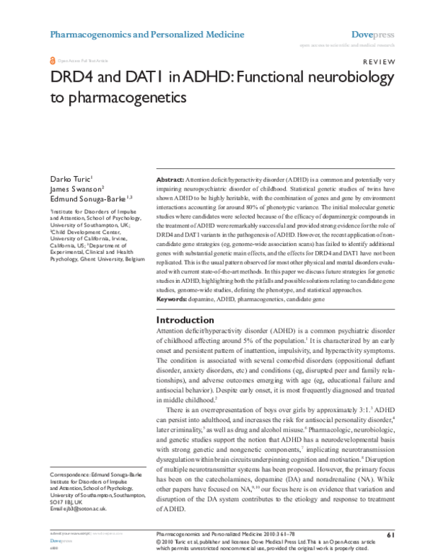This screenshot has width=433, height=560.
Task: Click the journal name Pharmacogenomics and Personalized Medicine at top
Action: (146, 34)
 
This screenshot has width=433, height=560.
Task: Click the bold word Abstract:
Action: (170, 178)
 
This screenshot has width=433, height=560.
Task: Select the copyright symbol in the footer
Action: (159, 541)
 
